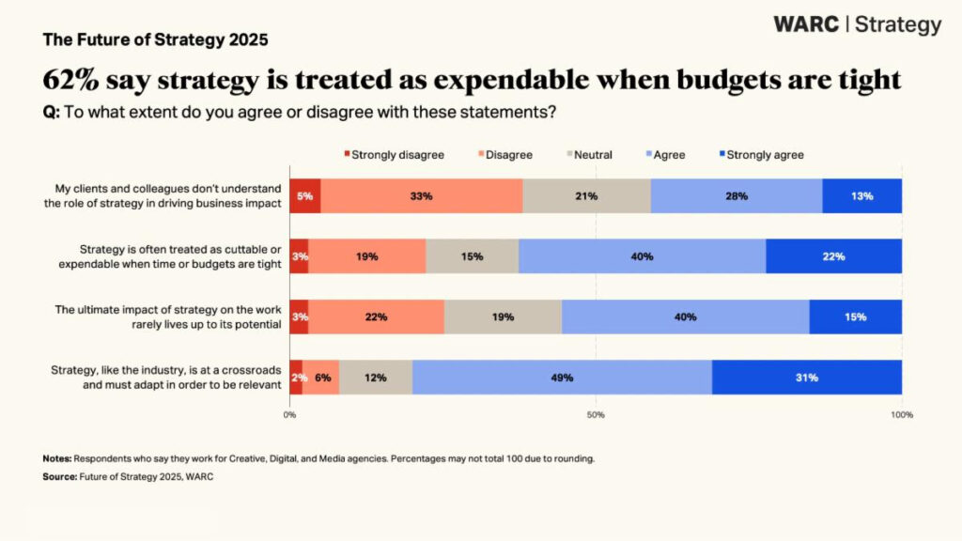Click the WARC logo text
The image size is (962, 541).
pyautogui.click(x=806, y=24)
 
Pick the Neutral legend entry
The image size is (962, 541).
pyautogui.click(x=594, y=155)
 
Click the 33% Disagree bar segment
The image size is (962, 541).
pyautogui.click(x=421, y=196)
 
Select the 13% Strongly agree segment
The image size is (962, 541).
pyautogui.click(x=861, y=196)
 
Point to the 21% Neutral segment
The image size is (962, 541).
pyautogui.click(x=586, y=196)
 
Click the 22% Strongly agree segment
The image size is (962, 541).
pyautogui.click(x=833, y=256)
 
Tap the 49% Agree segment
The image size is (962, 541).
pyautogui.click(x=562, y=378)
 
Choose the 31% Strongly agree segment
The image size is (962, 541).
pyautogui.click(x=806, y=378)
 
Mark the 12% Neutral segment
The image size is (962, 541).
pyautogui.click(x=375, y=378)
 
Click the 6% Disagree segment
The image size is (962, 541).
pyautogui.click(x=320, y=378)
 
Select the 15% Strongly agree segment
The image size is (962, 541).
pyautogui.click(x=855, y=317)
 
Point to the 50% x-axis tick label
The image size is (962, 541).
pyautogui.click(x=596, y=414)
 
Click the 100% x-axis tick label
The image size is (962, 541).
pyautogui.click(x=901, y=414)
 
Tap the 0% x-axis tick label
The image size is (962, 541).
pyautogui.click(x=289, y=414)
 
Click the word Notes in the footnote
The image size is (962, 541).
pyautogui.click(x=57, y=459)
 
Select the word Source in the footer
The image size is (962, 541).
pyautogui.click(x=59, y=477)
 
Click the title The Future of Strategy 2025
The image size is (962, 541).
pyautogui.click(x=155, y=40)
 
